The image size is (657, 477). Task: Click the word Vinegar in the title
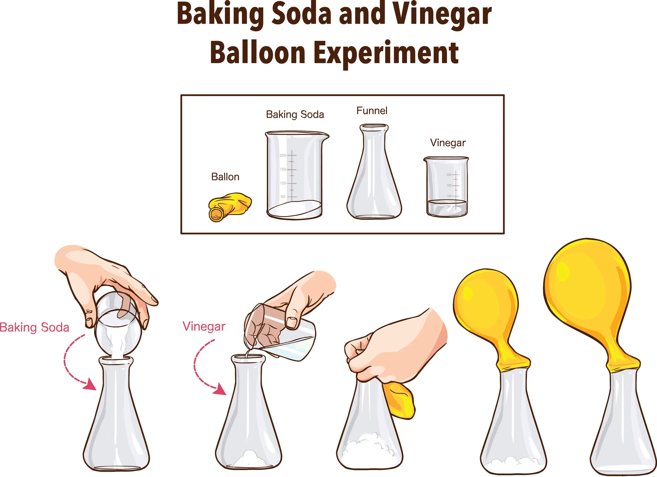(442, 14)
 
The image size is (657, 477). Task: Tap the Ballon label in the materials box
(225, 177)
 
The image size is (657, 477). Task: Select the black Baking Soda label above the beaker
(295, 114)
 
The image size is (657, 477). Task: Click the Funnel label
(372, 111)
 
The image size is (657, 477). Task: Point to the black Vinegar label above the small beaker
(448, 143)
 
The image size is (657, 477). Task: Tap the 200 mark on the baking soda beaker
(283, 156)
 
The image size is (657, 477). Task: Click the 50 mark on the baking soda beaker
(283, 197)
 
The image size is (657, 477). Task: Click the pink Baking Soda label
(34, 327)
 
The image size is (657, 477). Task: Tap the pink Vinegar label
(204, 326)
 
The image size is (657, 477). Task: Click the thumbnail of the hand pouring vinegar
(292, 323)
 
